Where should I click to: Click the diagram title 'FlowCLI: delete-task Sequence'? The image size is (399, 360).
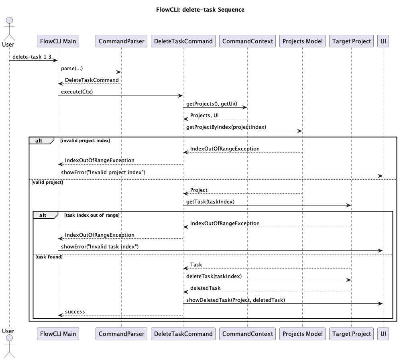pos(200,10)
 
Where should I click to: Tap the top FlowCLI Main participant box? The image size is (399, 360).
pos(57,41)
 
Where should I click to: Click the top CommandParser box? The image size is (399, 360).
pos(121,41)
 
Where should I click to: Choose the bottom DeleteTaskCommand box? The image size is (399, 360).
pos(183,334)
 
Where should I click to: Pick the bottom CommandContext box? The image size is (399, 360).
pos(247,334)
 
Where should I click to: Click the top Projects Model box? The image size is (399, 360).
pos(302,41)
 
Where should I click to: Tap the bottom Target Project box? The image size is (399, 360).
pos(351,334)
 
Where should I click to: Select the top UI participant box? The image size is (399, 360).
pos(383,41)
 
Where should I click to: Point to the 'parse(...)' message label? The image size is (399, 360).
pos(72,69)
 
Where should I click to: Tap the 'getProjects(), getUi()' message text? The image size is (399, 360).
pos(212,104)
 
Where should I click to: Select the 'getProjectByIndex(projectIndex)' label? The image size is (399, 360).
pos(226,127)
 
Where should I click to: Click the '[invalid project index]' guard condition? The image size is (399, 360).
pos(85,140)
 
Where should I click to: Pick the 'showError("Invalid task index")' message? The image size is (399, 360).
pos(100,246)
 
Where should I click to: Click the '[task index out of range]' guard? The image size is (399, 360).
pos(92,215)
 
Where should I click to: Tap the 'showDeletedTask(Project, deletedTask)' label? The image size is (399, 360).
pos(236,300)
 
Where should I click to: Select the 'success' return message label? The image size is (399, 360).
pos(75,312)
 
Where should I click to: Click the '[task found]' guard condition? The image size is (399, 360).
pos(49,256)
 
